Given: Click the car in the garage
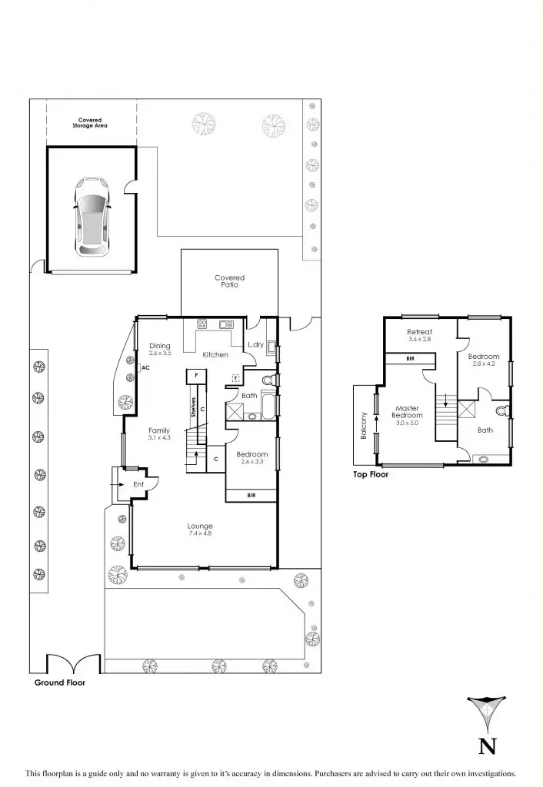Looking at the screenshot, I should [92, 218].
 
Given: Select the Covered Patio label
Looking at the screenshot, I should [229, 281].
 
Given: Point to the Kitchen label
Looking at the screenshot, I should [215, 355].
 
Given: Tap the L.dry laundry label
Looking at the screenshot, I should [255, 345].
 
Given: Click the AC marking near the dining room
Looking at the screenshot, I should [145, 368].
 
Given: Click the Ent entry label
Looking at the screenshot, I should [138, 484].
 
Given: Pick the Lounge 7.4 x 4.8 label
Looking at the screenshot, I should [200, 530].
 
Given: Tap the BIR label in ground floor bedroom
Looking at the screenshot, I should [252, 496].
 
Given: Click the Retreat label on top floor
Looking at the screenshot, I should [420, 335].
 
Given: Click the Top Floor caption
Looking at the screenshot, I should [371, 475].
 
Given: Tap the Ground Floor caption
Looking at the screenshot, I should [59, 682].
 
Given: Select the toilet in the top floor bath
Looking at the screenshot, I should [501, 410].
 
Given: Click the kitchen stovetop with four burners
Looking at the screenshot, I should [203, 324].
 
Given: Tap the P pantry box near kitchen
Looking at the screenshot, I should [197, 374].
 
